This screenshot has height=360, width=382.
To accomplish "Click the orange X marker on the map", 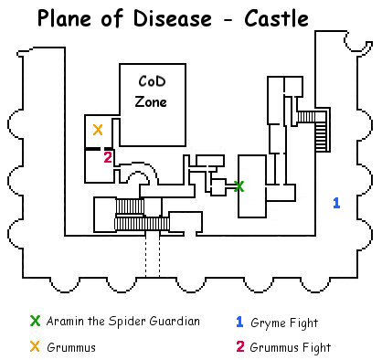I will (x=98, y=130).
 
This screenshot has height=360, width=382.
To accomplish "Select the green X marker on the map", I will (x=239, y=186).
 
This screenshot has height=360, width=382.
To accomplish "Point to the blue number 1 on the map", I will (x=336, y=202).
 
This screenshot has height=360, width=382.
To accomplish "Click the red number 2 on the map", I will (x=108, y=157).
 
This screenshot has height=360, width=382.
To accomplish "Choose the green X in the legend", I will (x=36, y=321).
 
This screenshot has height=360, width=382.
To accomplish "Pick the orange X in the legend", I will (x=36, y=347).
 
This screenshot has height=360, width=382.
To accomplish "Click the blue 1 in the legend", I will (x=239, y=321).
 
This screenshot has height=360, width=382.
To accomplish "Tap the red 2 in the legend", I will (x=239, y=347).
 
